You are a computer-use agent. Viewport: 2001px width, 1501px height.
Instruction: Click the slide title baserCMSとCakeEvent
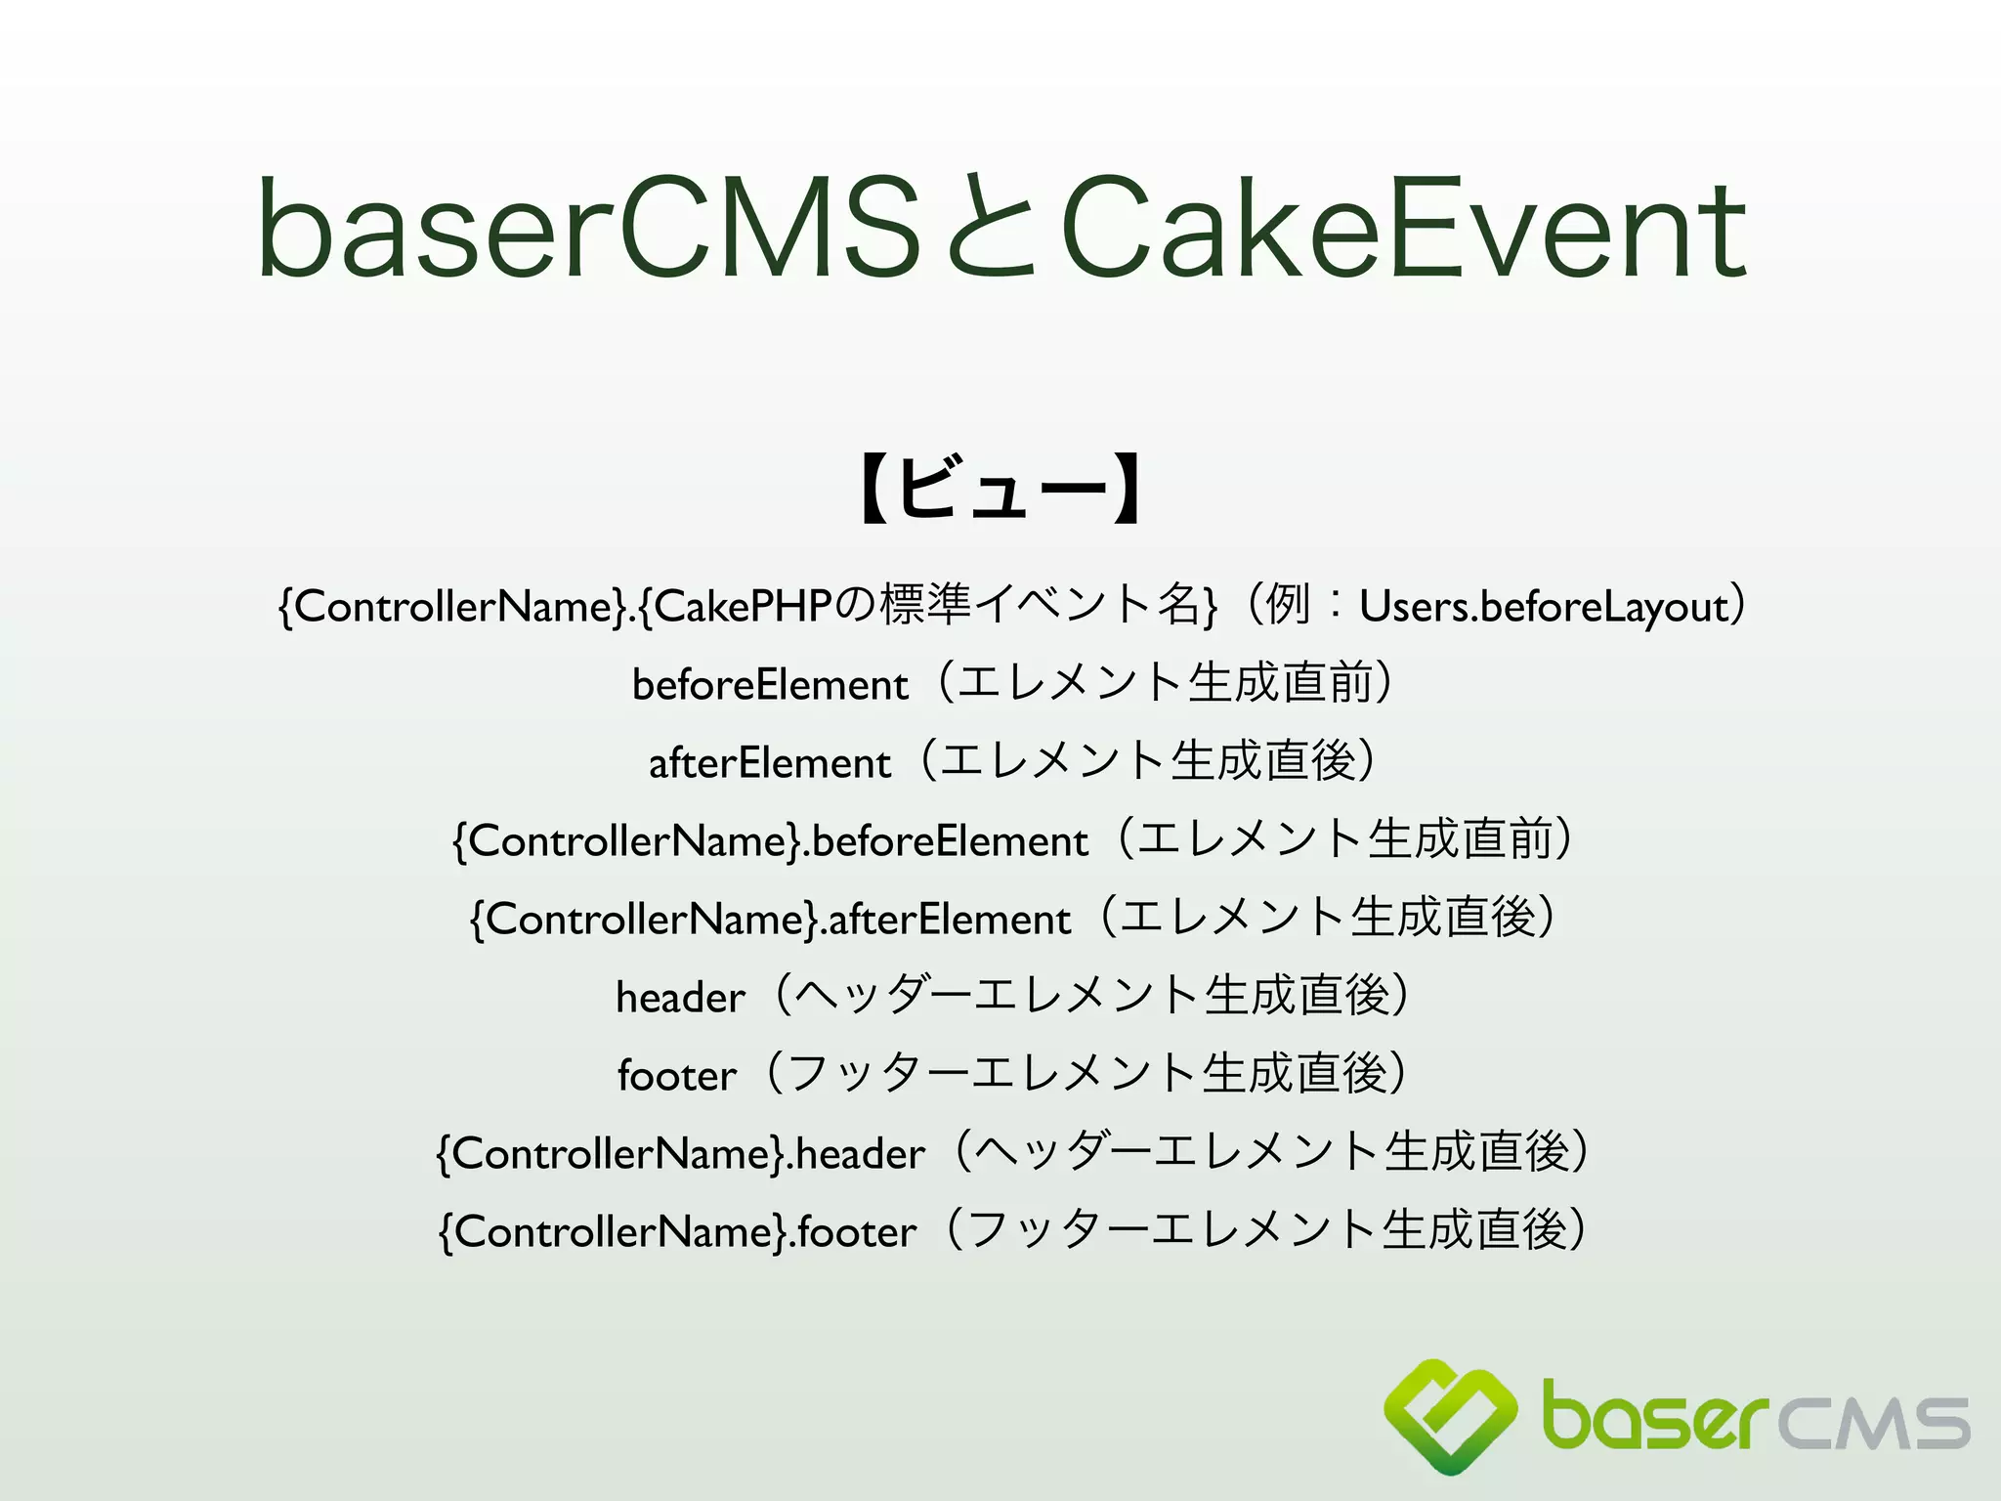pos(1000,227)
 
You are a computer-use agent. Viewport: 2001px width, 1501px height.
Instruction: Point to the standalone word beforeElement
pos(770,684)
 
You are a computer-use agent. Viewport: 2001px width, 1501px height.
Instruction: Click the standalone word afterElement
pos(770,762)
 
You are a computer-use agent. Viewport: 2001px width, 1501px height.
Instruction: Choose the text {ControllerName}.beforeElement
pos(770,840)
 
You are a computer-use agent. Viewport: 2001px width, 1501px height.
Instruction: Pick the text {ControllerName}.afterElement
pos(770,919)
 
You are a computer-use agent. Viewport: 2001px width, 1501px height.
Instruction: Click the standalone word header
pos(680,997)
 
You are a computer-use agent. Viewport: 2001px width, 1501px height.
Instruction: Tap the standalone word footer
pos(676,1075)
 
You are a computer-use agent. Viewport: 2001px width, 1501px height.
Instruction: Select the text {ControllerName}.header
pos(680,1153)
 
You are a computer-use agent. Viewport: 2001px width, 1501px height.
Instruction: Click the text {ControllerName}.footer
pos(677,1231)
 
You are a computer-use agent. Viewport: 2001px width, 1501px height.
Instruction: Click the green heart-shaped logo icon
pos(1451,1415)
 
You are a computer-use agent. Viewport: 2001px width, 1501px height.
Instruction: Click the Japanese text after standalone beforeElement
pos(1163,683)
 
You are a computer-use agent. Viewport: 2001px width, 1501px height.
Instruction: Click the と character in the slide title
pos(989,227)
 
